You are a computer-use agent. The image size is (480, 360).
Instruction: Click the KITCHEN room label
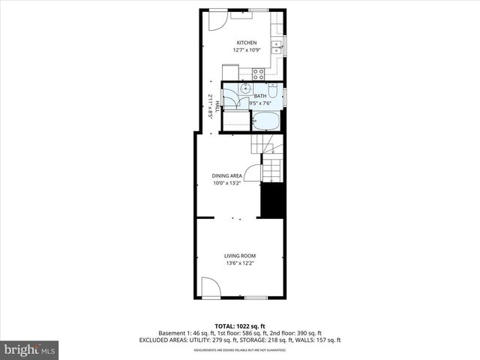(x=247, y=43)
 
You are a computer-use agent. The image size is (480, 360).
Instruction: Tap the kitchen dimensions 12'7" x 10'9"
(x=247, y=50)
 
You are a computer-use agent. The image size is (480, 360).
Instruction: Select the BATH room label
(x=259, y=96)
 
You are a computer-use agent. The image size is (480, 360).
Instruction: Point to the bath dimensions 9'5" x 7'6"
(x=259, y=103)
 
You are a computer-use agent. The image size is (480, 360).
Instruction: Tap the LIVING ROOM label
(x=240, y=256)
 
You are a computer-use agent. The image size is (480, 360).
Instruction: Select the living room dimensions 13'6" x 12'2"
(x=240, y=263)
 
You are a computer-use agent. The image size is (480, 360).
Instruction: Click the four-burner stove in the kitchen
(x=259, y=73)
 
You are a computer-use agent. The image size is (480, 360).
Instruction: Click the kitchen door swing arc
(x=214, y=21)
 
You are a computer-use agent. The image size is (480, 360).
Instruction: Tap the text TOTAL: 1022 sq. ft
(x=240, y=325)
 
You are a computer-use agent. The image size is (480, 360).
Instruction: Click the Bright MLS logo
(x=29, y=349)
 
